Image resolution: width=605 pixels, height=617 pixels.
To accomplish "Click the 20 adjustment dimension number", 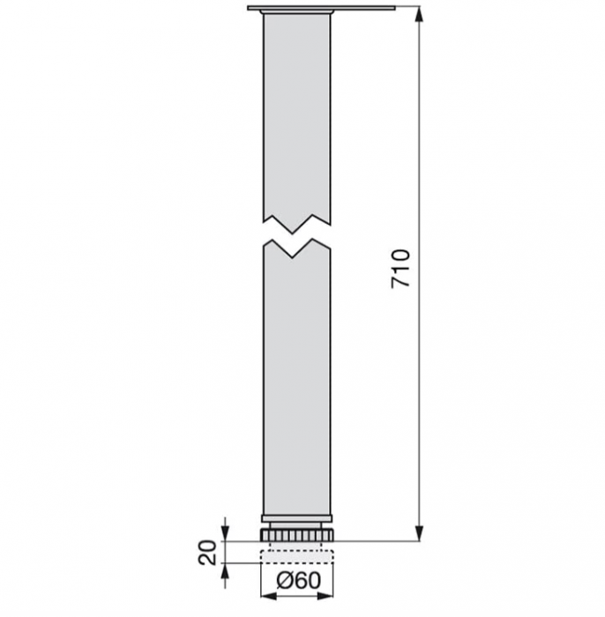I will pos(208,552).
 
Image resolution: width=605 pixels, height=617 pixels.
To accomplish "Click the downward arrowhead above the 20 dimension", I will pos(226,534).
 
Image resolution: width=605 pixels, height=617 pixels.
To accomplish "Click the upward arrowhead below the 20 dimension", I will pos(226,570).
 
